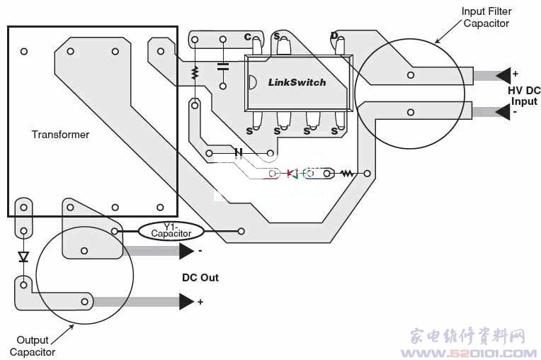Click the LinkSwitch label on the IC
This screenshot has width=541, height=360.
point(297,82)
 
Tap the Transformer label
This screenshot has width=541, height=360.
point(60,134)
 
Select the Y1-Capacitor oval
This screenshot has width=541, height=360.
point(171,231)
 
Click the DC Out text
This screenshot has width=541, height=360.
point(200,278)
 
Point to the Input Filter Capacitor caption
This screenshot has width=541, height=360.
point(486,17)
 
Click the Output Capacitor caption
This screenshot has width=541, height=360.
point(33,346)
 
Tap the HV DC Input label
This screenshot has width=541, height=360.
point(524,96)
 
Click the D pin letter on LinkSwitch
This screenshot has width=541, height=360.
point(334,35)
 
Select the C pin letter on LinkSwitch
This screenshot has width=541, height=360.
point(247,37)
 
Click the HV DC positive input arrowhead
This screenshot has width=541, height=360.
point(503,75)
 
